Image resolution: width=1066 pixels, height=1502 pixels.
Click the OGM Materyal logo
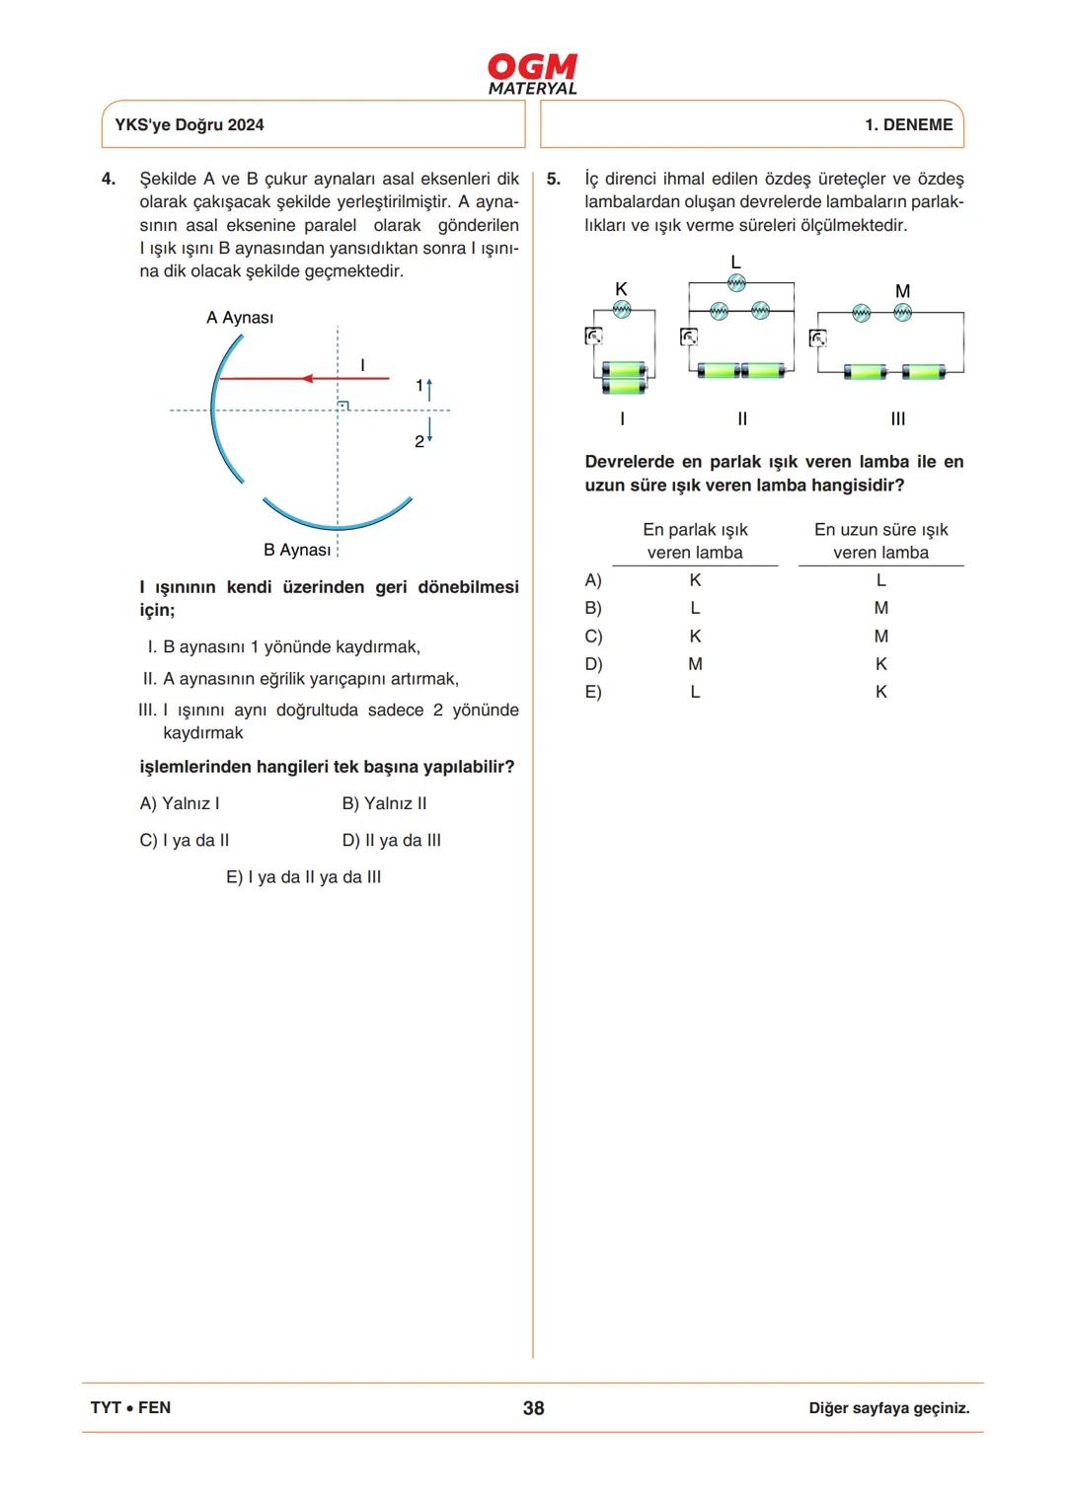tap(532, 74)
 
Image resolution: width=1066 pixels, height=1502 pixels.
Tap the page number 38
tap(533, 1408)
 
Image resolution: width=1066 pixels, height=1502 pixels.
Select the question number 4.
tap(109, 179)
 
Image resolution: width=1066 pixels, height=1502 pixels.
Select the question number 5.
tap(553, 179)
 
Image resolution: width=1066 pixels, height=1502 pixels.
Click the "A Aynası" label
tap(240, 318)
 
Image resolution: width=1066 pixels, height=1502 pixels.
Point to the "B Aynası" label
tap(297, 550)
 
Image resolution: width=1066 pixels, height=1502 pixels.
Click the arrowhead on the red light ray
tap(307, 378)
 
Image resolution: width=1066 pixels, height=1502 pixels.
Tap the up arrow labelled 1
tap(429, 386)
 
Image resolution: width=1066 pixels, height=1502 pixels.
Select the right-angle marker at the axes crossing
tap(343, 405)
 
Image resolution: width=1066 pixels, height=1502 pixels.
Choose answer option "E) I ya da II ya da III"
tap(303, 877)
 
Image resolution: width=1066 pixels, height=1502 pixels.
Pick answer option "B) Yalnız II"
tap(384, 803)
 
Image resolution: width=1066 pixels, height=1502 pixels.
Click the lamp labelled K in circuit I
tap(622, 309)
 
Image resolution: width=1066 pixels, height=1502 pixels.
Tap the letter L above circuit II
tap(735, 262)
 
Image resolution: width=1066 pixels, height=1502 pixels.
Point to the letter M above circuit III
tap(902, 291)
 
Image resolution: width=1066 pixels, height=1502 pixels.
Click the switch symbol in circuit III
tap(818, 338)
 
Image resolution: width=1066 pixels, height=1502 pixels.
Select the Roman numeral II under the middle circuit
tap(742, 418)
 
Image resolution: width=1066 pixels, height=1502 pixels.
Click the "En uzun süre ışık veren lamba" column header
tap(880, 541)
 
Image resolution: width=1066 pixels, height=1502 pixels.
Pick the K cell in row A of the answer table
tap(695, 580)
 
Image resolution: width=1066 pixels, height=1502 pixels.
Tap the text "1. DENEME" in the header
tap(908, 125)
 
